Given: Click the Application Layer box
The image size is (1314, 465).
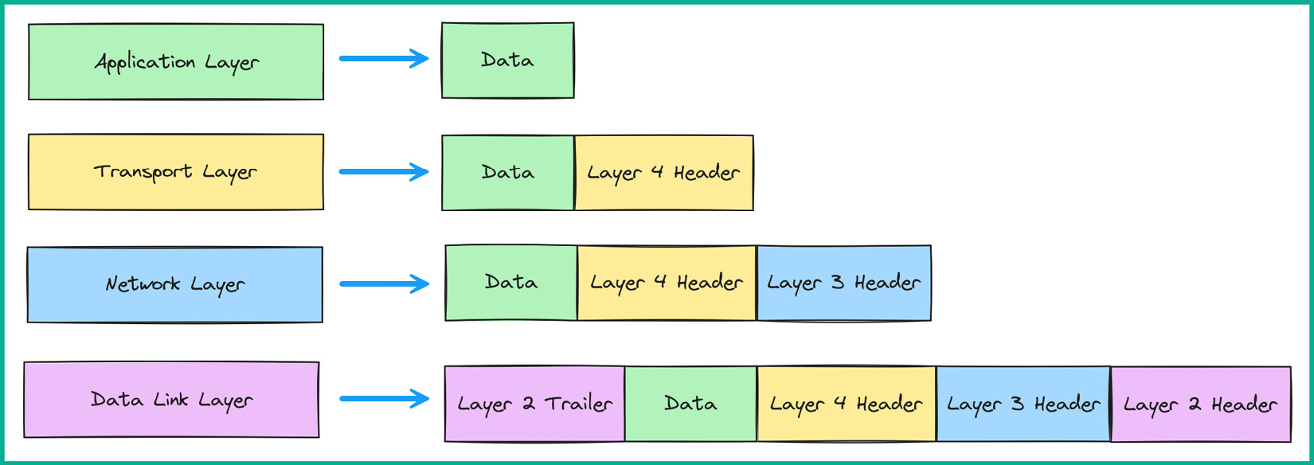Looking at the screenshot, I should pos(176,62).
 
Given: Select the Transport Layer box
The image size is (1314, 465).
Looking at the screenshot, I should pos(176,172).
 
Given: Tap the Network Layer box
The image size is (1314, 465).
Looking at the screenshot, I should pos(175,284).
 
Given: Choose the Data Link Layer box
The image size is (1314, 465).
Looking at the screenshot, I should pos(171,400).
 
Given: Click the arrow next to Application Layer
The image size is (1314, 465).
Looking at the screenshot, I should pos(384,58).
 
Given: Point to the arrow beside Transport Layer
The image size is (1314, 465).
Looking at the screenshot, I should pos(384,171).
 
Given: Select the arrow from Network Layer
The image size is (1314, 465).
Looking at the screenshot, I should pos(384,283).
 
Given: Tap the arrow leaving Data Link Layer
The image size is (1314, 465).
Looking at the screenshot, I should pos(384,398).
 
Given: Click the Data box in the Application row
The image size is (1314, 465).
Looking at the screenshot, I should pos(508,61).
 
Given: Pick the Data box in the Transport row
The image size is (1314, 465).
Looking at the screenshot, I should pos(508,173).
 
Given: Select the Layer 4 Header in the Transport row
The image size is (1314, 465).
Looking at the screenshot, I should pos(663,173).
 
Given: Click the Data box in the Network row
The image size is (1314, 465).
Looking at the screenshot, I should pos(511,283).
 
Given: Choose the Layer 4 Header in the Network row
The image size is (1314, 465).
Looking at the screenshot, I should pos(667,283).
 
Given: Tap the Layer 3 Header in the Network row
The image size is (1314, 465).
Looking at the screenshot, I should pos(844,283).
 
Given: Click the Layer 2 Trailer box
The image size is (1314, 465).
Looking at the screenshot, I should pos(534,404).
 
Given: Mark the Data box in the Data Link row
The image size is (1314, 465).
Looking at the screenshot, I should pos(690,404).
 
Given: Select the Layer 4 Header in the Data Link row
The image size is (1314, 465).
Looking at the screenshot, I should pos(847,404).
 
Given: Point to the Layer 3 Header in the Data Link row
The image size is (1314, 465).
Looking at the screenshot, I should pos(1023,404).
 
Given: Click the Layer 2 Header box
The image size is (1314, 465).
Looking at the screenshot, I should pos(1201,404).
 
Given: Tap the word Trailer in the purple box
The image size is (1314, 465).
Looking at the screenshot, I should pos(579,404).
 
